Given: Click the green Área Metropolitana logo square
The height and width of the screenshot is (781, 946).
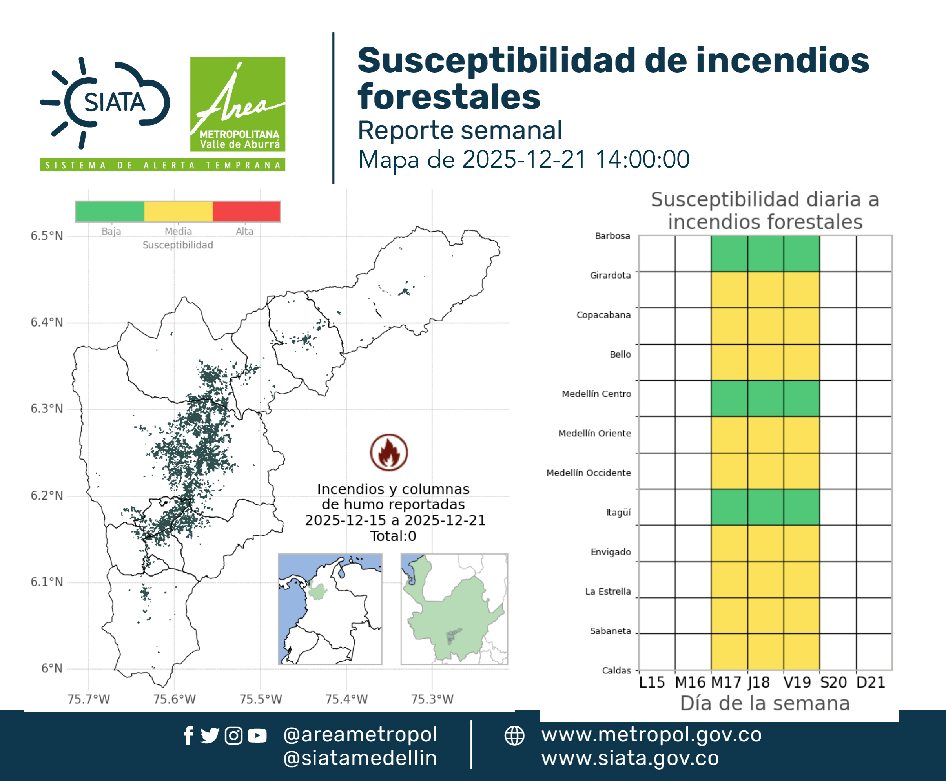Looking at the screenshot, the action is tap(237, 104).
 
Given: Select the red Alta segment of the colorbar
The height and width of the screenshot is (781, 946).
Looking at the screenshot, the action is tap(246, 212).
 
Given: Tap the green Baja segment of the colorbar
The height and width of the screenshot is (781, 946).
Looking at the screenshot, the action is tap(110, 212).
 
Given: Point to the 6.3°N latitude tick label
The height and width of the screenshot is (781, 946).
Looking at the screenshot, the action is tap(47, 409).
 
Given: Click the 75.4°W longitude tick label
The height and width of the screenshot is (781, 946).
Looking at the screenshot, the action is tap(346, 699).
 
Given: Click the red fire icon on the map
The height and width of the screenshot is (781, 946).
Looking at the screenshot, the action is tap(389, 453).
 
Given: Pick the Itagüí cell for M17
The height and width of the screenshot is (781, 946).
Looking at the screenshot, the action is tap(729, 507).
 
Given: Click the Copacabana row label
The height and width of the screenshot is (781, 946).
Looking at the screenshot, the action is tap(604, 315).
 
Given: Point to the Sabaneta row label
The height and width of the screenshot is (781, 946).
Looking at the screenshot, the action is tap(611, 631).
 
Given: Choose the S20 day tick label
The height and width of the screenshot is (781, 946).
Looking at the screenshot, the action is tap(833, 682).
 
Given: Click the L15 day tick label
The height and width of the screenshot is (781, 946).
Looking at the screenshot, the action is tap(652, 682).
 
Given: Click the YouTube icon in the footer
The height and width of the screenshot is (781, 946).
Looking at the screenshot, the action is tap(257, 735).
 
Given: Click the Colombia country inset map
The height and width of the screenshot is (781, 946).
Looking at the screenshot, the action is tap(330, 609).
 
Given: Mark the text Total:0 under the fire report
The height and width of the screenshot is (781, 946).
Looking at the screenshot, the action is tap(393, 536).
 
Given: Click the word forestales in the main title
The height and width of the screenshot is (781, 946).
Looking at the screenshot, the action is tap(449, 97).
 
